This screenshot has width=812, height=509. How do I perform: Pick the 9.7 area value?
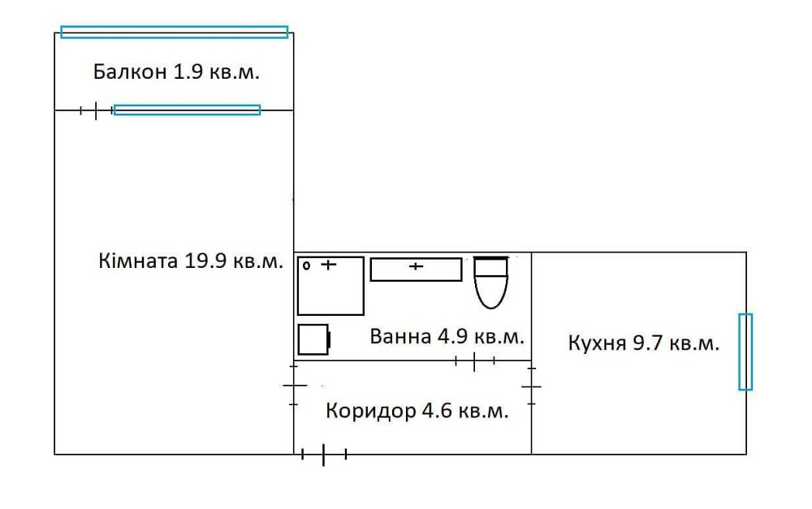647,343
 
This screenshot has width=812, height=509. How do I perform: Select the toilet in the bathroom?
490,282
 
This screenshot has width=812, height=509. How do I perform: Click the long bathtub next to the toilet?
416,269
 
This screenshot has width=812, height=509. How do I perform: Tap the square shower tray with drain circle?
330,285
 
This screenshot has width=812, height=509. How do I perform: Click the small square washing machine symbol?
313,339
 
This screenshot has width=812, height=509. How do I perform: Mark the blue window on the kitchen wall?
745,352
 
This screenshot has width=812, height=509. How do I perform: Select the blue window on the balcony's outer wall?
174,32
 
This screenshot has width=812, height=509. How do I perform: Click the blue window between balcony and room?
187,110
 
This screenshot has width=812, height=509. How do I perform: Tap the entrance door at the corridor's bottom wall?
324,455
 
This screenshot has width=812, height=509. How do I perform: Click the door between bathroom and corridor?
474,360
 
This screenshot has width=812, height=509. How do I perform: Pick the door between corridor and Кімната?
294,386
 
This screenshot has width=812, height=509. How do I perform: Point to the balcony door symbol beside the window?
95,110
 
